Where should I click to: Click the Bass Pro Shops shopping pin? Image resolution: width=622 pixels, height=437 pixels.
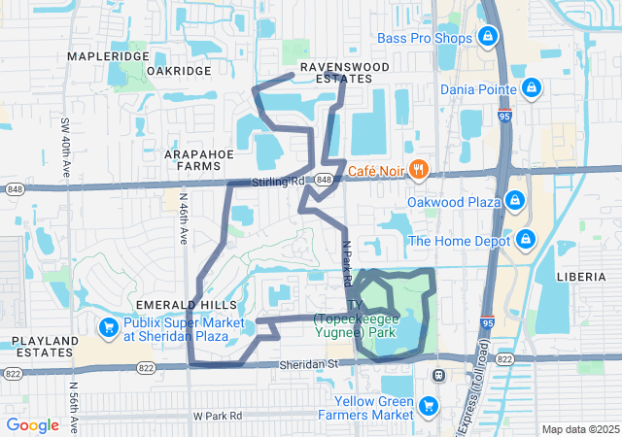[488, 39]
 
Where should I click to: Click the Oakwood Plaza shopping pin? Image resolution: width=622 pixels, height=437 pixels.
[515, 201]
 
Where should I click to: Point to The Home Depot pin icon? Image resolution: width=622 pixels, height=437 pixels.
[525, 239]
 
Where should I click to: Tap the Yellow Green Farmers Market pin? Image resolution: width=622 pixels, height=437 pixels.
[429, 405]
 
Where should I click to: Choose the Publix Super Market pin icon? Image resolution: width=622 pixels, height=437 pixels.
[108, 327]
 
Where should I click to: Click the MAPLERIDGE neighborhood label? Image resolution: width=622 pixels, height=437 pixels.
[108, 56]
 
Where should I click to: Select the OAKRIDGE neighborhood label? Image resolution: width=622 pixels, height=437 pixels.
[179, 71]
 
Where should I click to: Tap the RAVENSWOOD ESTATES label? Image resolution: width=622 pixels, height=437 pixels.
[344, 73]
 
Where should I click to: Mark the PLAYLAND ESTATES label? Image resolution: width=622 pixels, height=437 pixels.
[45, 347]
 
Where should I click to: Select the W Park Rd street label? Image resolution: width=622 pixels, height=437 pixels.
[217, 416]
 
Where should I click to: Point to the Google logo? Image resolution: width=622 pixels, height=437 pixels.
[33, 424]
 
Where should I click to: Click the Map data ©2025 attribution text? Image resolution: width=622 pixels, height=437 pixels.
[579, 429]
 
